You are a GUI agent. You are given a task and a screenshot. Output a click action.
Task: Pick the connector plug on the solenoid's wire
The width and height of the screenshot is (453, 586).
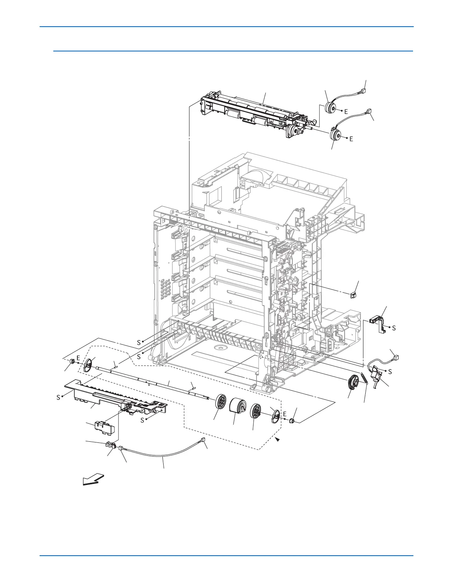[396, 357]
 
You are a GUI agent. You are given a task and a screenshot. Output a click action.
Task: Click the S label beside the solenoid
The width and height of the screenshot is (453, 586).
[390, 372]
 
